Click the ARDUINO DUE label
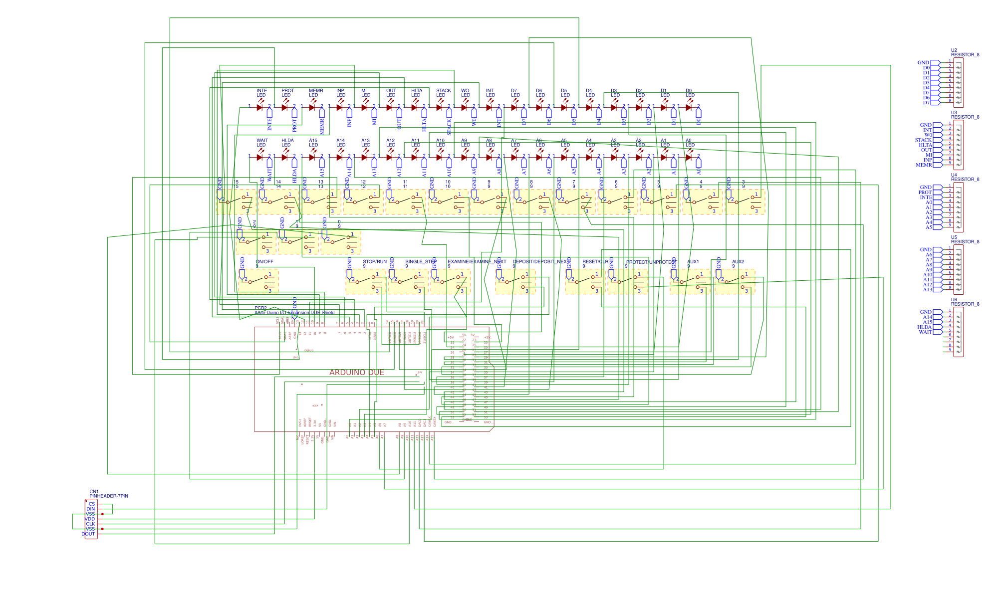coord(356,373)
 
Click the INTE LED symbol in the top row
coord(259,107)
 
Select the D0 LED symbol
coord(689,107)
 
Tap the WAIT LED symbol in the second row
coord(259,157)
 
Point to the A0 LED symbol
coord(689,157)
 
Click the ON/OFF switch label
coord(264,261)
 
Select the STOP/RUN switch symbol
coord(365,282)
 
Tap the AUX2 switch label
coord(738,261)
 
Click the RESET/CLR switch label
coord(595,261)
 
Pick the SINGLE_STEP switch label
coord(421,261)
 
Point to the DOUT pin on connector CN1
coord(88,534)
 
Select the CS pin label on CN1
coord(92,504)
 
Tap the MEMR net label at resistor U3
coord(924,165)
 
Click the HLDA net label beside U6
coord(924,327)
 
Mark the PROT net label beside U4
coord(925,192)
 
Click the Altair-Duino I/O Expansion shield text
coord(294,313)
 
